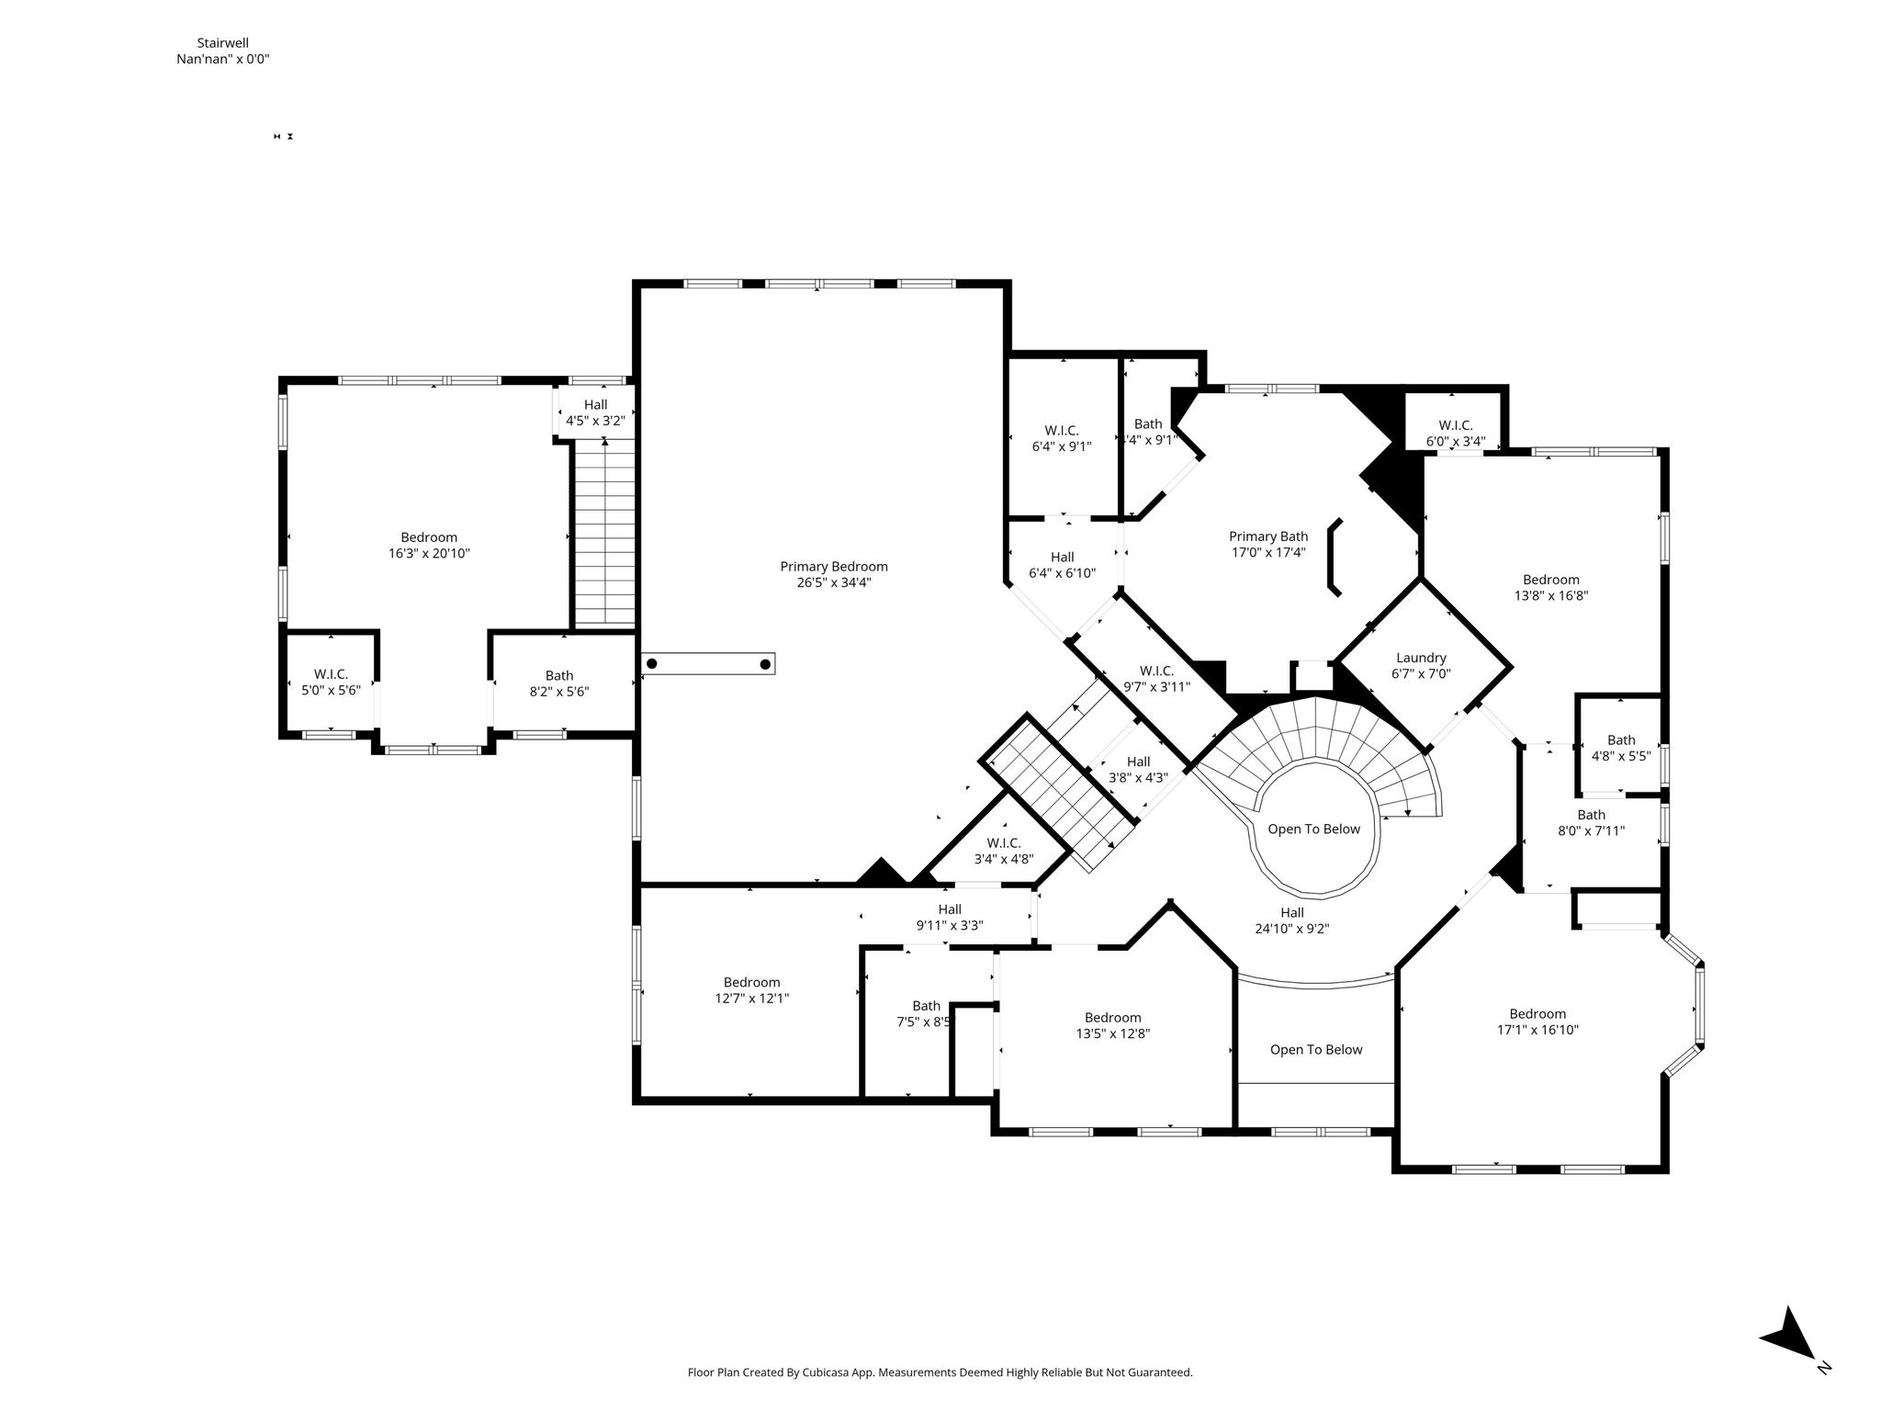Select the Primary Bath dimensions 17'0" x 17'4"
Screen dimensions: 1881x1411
(1268, 552)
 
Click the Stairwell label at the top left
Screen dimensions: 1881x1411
(222, 42)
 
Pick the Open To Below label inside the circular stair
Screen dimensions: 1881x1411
(1313, 829)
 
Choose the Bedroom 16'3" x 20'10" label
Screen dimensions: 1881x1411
(429, 545)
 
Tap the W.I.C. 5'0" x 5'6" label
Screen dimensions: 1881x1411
(331, 682)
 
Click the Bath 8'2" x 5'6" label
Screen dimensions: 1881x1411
(558, 683)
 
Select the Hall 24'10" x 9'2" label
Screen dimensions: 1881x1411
(1292, 920)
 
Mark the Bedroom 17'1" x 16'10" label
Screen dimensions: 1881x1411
(1537, 1022)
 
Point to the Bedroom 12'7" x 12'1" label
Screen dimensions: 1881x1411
(751, 989)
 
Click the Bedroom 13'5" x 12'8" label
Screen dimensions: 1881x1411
(1113, 1025)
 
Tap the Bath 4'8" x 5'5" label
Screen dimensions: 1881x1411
(1621, 748)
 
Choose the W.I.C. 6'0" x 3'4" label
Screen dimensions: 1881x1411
(1456, 433)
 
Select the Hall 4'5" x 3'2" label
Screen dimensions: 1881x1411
(595, 412)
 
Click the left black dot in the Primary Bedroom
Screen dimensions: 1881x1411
(652, 663)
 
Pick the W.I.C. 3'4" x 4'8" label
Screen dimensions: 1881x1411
(1004, 851)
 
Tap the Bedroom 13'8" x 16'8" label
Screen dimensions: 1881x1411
(1551, 587)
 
